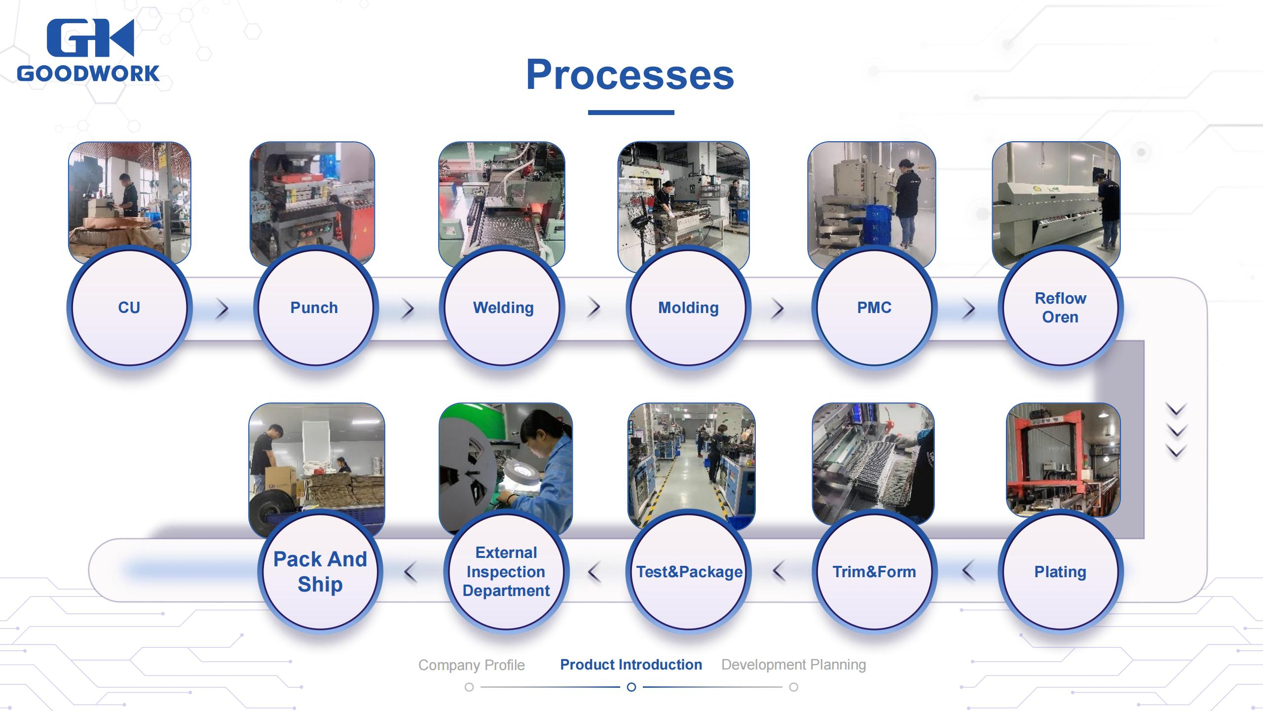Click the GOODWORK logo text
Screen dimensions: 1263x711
(x=88, y=74)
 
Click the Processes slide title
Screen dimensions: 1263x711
(x=630, y=75)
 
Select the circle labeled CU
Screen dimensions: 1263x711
(x=129, y=307)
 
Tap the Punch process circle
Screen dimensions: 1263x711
(x=314, y=307)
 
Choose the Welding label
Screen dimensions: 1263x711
(x=503, y=308)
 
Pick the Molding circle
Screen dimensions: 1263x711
(x=688, y=307)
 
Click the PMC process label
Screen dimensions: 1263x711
(x=874, y=308)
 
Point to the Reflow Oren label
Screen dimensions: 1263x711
(x=1060, y=307)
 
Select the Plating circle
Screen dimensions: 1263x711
(x=1060, y=571)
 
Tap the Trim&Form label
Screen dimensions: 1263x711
(x=874, y=572)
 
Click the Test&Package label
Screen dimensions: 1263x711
(x=689, y=572)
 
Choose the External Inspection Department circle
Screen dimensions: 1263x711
(x=506, y=571)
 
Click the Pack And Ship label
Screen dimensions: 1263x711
(x=320, y=572)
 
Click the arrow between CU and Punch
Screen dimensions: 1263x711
(x=223, y=309)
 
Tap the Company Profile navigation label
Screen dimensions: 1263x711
(x=471, y=665)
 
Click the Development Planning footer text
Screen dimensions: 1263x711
(x=793, y=665)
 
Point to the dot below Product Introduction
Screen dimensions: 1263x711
(x=631, y=687)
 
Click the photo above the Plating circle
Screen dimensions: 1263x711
(x=1063, y=459)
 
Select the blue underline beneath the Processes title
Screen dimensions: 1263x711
(x=631, y=113)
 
